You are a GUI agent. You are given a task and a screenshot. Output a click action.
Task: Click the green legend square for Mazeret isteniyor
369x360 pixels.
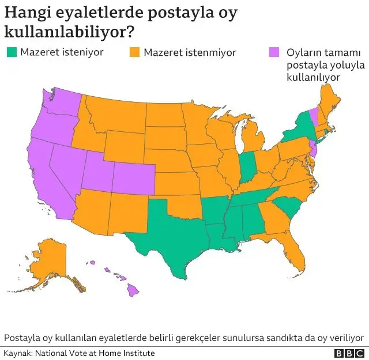(11, 52)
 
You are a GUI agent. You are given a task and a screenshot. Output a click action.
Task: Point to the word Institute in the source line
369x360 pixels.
(138, 353)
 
